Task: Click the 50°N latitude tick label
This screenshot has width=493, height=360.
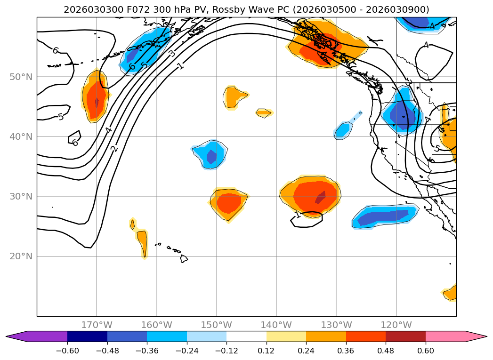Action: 21,77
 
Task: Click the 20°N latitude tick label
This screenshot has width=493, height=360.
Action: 21,256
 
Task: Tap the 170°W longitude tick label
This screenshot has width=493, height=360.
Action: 97,325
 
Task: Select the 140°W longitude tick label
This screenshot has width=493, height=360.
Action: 276,325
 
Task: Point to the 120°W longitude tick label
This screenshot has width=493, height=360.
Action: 396,325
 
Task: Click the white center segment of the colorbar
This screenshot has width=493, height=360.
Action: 246,336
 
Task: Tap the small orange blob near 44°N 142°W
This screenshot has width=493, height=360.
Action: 264,112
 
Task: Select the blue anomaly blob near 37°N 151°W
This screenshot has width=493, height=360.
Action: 210,154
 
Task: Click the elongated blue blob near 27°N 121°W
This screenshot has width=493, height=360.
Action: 384,216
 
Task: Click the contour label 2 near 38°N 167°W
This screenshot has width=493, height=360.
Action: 114,149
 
